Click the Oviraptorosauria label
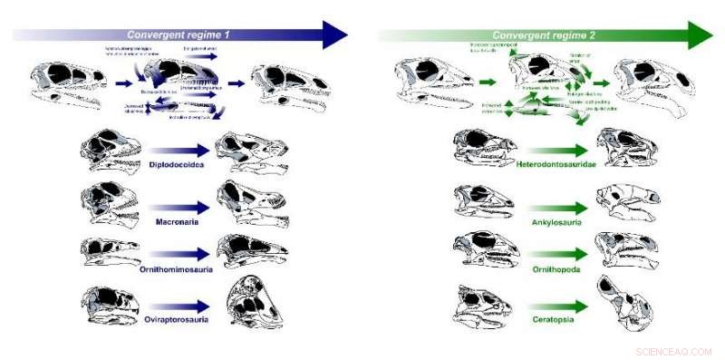180,318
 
